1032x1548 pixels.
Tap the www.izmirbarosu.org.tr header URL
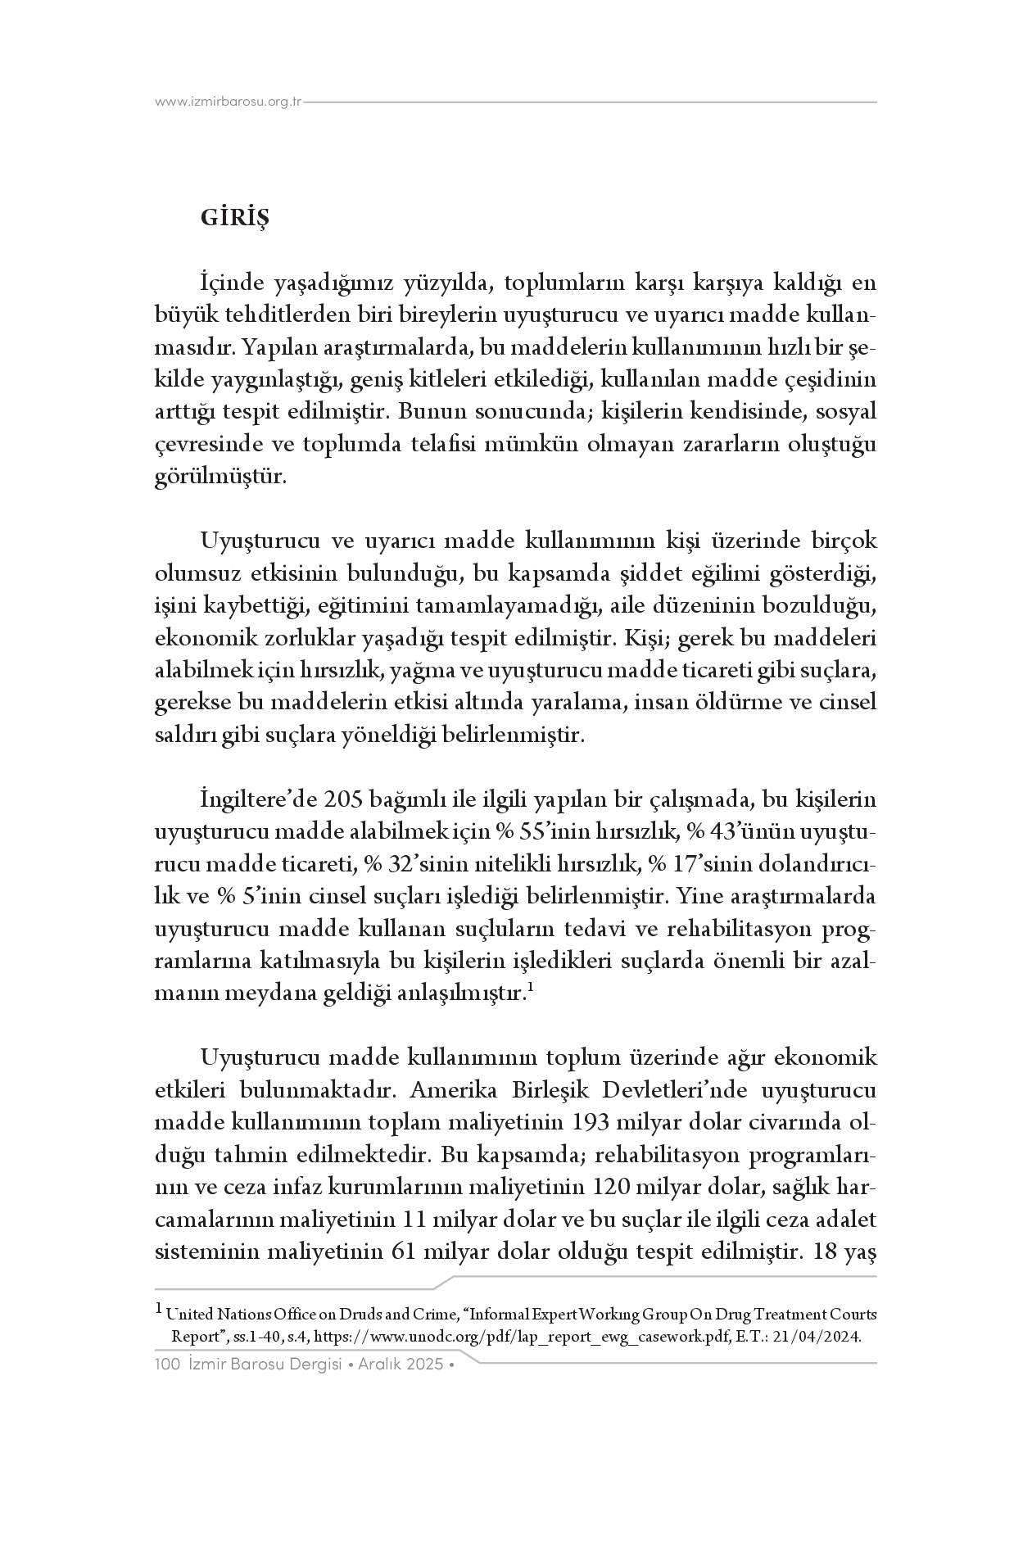[x=229, y=102]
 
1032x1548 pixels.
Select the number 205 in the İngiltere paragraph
[x=344, y=799]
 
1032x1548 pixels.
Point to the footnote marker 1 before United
[x=159, y=1310]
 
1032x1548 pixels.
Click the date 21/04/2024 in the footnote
[x=819, y=1336]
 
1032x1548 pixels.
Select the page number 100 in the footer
[x=167, y=1365]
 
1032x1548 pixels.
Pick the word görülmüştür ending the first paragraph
[x=220, y=477]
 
